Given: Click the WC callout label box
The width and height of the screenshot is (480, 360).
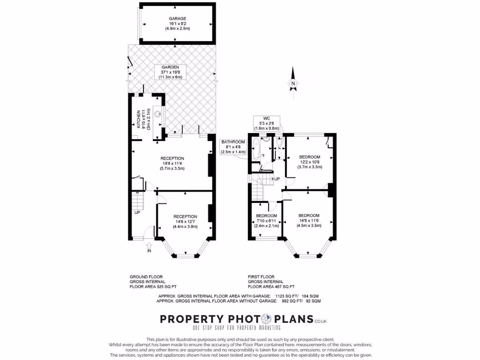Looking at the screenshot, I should [x=266, y=123].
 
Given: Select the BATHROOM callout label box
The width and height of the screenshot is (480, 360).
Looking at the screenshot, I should [x=233, y=147].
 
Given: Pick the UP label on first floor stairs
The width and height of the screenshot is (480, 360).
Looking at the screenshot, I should [x=277, y=179].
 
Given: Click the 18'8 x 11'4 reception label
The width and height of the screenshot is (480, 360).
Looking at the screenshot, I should [x=172, y=163].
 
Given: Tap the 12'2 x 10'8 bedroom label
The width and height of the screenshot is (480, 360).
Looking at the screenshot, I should [x=310, y=162].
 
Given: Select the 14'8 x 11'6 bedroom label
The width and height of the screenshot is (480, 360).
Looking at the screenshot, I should [x=309, y=220].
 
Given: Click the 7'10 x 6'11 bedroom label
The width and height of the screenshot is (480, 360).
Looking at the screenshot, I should [x=266, y=220].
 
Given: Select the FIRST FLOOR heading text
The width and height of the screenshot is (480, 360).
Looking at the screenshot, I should [x=262, y=277].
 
